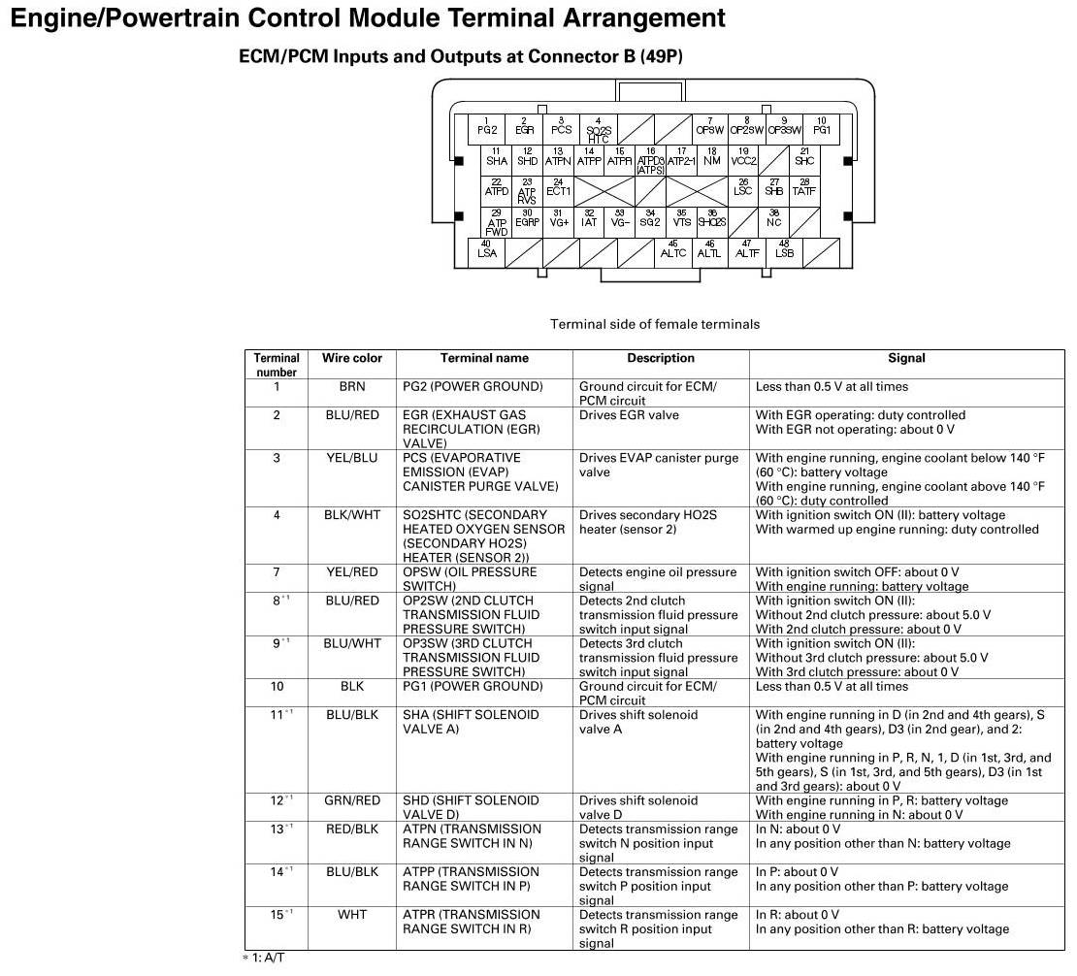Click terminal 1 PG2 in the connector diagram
tap(487, 127)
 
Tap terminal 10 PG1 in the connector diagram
tap(821, 127)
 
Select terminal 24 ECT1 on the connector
tap(558, 187)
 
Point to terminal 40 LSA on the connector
tap(487, 250)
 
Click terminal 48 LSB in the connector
tap(784, 250)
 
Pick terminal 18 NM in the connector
tap(711, 157)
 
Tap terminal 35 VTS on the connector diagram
tap(681, 218)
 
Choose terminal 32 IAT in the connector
tap(589, 218)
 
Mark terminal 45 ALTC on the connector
tap(672, 250)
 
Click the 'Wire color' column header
tap(351, 358)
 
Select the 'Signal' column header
tap(906, 358)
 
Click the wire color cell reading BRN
tap(351, 387)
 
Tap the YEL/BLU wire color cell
tap(351, 458)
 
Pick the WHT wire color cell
tap(351, 915)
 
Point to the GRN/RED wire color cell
tap(351, 801)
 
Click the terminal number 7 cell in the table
tap(277, 572)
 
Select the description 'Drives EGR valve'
tap(629, 415)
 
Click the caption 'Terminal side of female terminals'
tap(655, 324)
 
